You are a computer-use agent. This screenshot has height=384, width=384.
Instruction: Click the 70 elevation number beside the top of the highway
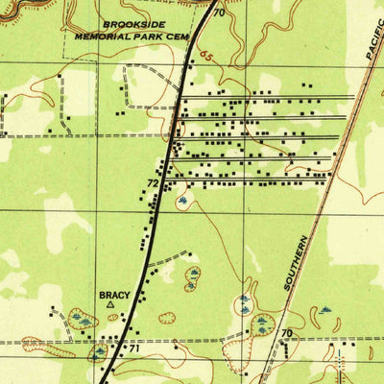tap(219, 13)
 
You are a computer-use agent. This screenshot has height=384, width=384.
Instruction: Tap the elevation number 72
tap(153, 181)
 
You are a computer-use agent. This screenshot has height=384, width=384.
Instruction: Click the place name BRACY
tap(112, 295)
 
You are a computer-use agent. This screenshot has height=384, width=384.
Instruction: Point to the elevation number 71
tap(134, 348)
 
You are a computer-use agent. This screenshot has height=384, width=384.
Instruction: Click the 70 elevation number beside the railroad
tap(286, 333)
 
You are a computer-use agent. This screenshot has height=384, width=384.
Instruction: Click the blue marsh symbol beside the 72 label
tap(182, 201)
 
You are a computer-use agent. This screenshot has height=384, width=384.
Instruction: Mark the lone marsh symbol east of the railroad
tap(324, 311)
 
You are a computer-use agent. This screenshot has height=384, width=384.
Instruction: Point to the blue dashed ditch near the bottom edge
tap(192, 342)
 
